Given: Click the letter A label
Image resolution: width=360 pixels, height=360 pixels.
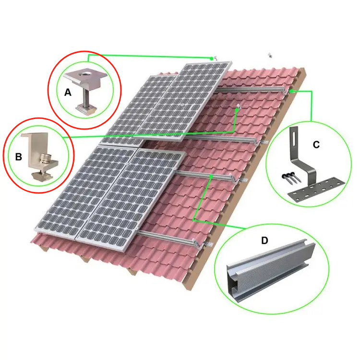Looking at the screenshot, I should [x=68, y=93].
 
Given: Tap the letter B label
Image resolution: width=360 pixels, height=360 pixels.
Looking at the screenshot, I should [x=18, y=156].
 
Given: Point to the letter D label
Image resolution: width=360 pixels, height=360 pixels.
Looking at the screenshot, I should [x=264, y=240].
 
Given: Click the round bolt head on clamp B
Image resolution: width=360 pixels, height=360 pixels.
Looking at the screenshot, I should [x=46, y=158].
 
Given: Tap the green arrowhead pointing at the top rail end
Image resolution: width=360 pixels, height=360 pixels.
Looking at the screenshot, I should [x=291, y=90].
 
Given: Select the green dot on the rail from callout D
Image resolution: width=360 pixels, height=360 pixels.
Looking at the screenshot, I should [x=212, y=177].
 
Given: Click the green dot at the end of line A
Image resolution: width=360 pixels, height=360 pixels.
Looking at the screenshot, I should [x=211, y=58].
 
